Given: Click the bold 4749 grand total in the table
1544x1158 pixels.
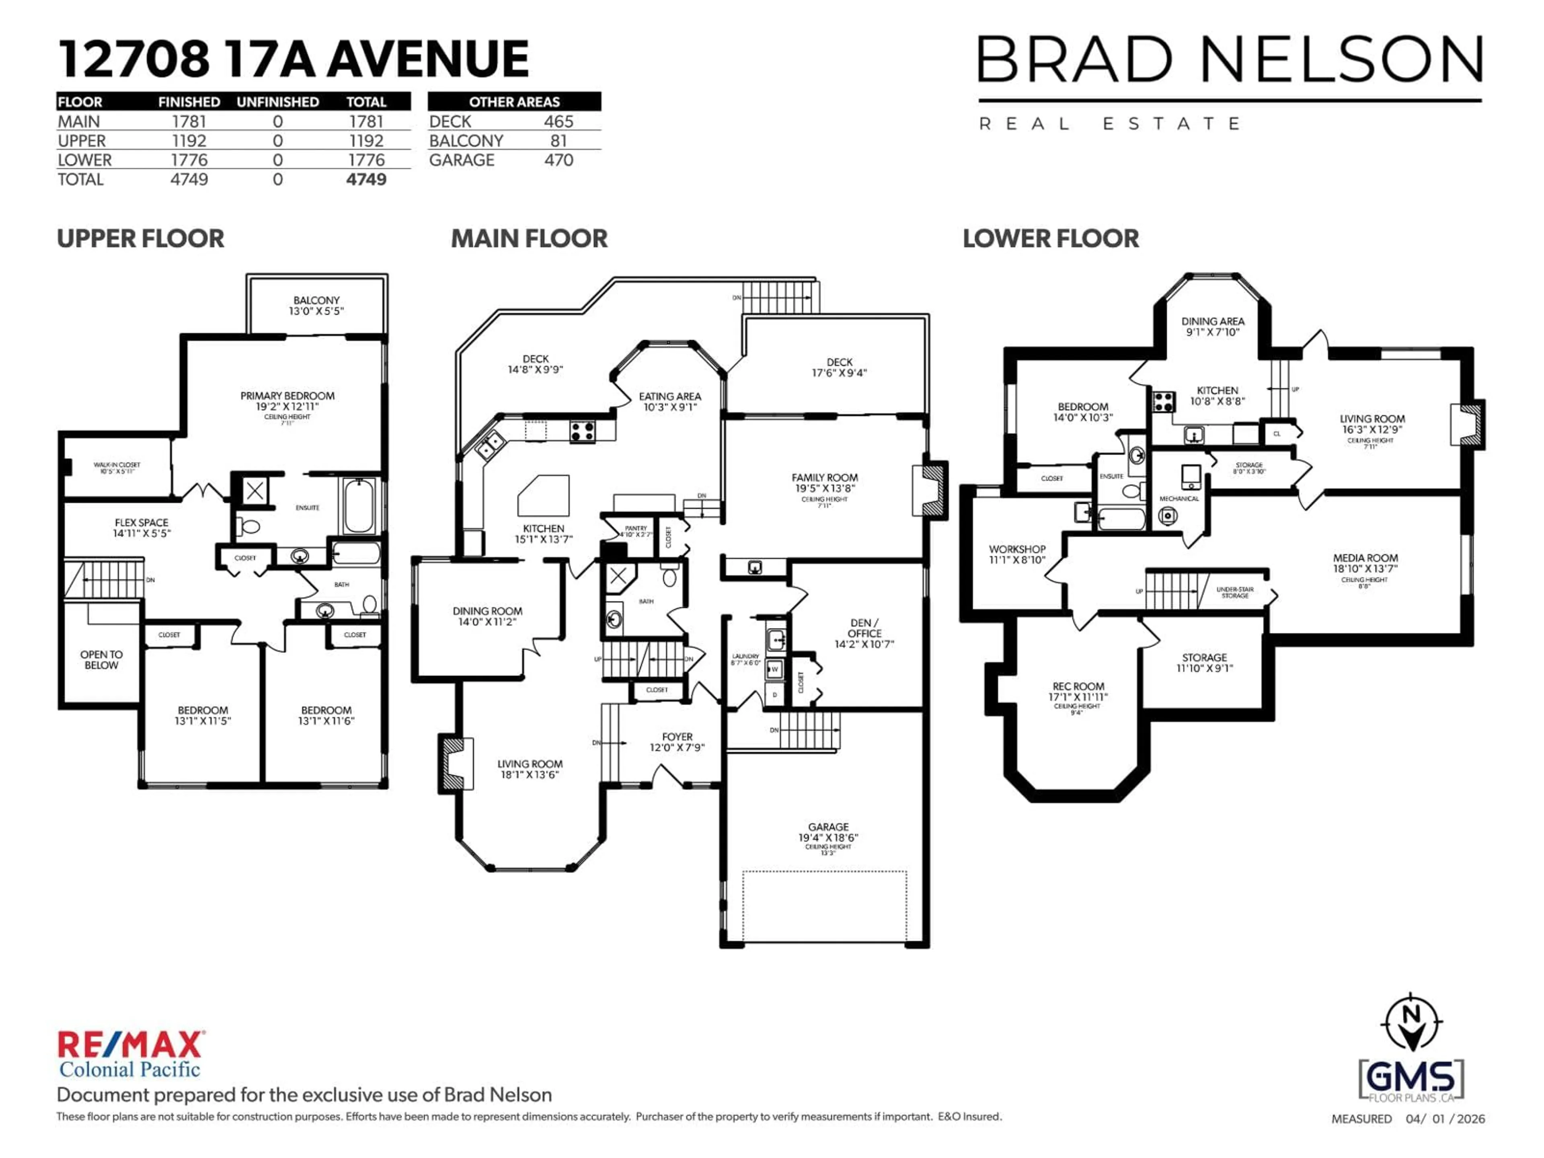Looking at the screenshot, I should point(366,179).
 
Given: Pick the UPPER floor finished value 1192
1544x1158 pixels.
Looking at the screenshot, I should point(189,140).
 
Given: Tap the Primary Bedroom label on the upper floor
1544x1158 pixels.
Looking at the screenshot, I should point(287,400).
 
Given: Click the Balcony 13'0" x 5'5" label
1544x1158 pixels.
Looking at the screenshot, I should point(316,306).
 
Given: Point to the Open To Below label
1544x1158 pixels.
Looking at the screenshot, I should point(101,660).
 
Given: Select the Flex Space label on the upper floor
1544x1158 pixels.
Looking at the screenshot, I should point(142,528).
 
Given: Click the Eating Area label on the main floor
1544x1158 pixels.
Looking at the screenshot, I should point(669,401).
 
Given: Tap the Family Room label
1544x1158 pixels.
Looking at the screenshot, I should point(824,483).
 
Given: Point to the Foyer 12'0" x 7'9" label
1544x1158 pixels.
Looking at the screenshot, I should point(677,742).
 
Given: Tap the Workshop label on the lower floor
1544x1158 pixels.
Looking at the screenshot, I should point(1017,554).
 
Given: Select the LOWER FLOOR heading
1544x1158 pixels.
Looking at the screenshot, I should point(1051,239).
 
